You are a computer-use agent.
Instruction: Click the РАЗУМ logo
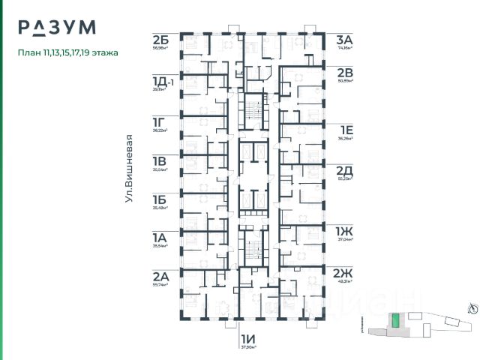click(x=58, y=28)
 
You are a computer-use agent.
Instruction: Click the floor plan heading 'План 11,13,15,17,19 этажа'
click(x=68, y=53)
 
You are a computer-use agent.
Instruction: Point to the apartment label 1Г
click(x=158, y=121)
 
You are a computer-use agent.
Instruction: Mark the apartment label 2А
click(x=160, y=276)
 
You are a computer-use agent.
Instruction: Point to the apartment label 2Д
click(x=345, y=171)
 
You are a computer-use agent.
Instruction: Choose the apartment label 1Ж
click(x=345, y=230)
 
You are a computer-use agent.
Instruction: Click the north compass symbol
click(x=471, y=306)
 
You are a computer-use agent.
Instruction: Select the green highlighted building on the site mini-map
click(x=395, y=322)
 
